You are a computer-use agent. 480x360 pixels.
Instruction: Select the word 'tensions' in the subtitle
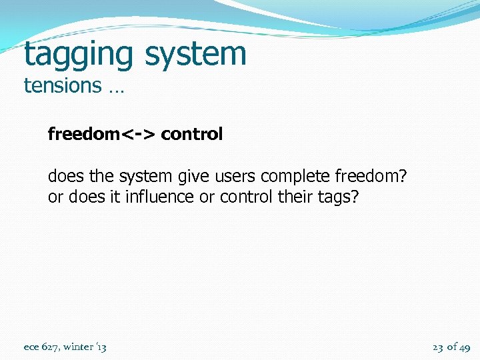coord(62,86)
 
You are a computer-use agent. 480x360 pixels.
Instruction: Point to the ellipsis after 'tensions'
coord(114,87)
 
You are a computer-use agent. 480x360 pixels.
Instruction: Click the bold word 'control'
coord(192,134)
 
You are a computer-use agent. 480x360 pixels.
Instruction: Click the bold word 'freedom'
coord(82,134)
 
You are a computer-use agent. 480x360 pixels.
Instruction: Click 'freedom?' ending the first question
coord(371,177)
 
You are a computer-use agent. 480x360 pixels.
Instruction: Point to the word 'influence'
coord(161,198)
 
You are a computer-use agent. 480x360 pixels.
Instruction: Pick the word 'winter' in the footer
coord(78,347)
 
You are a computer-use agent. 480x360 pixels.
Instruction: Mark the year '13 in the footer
coord(101,347)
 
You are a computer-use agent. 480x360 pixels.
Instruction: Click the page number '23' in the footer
coord(438,347)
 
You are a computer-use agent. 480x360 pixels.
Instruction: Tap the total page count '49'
coord(464,347)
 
